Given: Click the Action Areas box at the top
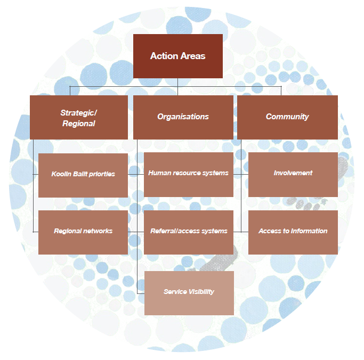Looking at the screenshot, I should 177,56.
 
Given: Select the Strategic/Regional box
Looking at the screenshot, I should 78,117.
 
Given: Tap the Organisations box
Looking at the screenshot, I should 183,117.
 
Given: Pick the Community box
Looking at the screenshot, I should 287,117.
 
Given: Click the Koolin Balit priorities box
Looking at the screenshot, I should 83,175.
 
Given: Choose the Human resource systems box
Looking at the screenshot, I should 189,174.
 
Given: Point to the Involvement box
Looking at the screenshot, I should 293,174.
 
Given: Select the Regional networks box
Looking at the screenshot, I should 83,232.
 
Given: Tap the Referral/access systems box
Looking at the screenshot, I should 189,232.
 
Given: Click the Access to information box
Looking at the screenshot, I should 293,232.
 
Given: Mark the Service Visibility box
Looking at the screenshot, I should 189,292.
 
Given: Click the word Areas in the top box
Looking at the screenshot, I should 192,56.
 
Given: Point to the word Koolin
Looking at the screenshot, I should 61,175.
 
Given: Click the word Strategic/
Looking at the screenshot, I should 78,112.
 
